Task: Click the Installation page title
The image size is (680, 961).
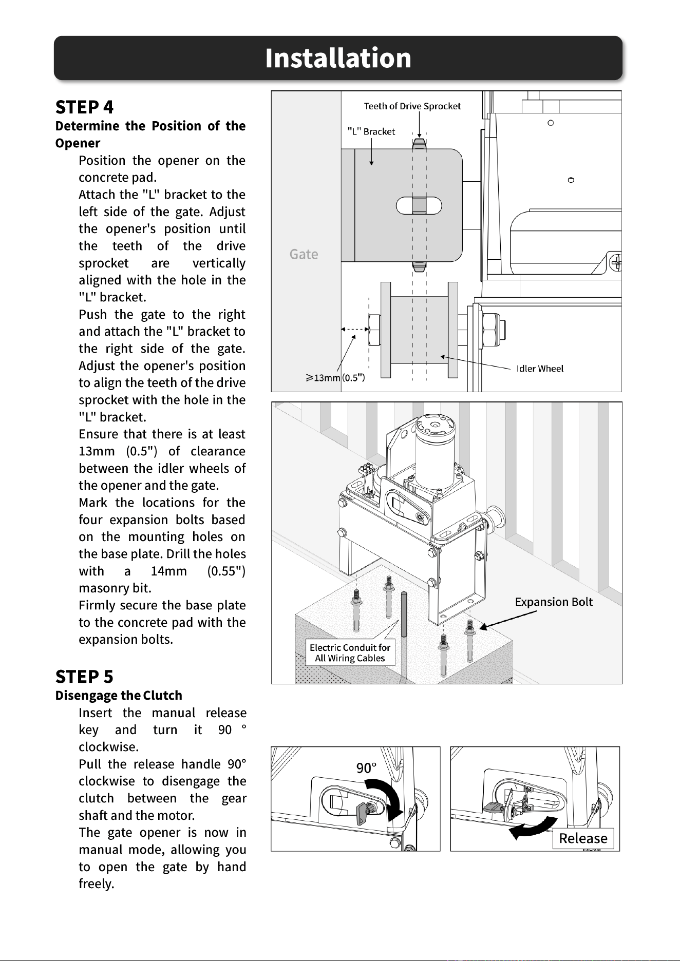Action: [338, 57]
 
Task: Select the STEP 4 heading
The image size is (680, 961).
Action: [84, 107]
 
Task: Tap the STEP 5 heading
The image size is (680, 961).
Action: [84, 677]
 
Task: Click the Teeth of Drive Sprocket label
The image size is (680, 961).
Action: [412, 106]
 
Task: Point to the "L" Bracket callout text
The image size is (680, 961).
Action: [371, 131]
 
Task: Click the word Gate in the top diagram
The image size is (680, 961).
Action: [304, 254]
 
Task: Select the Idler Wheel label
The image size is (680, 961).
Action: [540, 369]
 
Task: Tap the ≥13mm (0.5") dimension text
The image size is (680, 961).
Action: [335, 378]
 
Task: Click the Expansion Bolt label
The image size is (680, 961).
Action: [554, 602]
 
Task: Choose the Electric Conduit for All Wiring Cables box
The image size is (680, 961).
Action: [350, 652]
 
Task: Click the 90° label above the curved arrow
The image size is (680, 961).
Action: [367, 768]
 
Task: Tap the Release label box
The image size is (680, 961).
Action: [583, 838]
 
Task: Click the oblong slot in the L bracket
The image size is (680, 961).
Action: [420, 205]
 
